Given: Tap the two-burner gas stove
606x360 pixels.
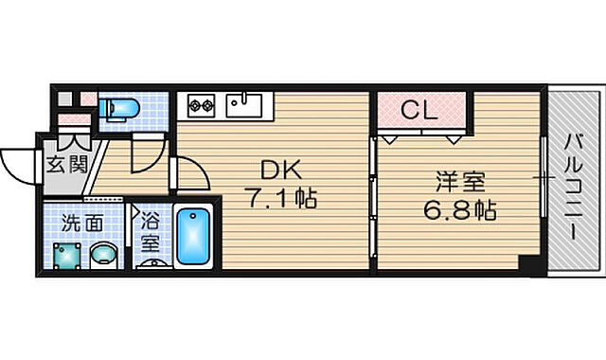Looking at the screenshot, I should pos(202,101).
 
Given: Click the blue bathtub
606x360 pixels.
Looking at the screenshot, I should pos(194,237).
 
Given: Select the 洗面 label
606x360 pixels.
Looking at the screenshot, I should pos(78,225).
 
